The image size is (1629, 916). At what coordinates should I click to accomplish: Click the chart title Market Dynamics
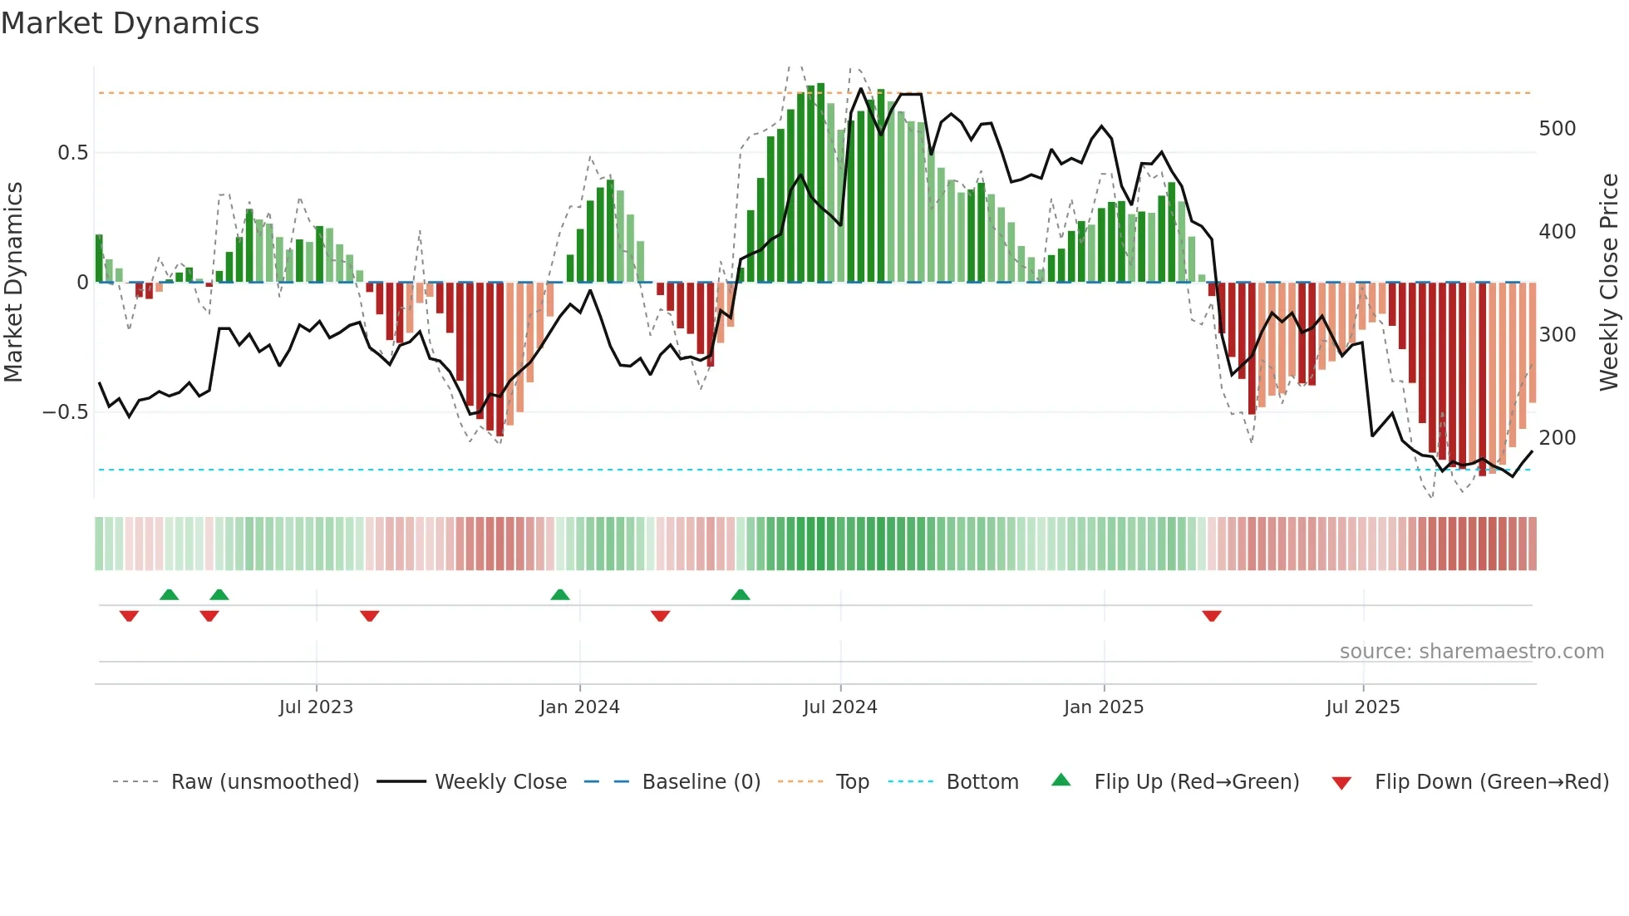click(x=130, y=23)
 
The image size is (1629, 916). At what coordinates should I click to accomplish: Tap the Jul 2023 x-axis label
click(x=316, y=707)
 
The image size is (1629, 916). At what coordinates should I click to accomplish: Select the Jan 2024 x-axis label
click(x=579, y=707)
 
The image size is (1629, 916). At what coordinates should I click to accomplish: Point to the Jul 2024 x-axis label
click(x=840, y=707)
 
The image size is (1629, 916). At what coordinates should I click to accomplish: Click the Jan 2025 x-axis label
click(x=1104, y=707)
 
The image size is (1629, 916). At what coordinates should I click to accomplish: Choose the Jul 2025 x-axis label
click(x=1363, y=707)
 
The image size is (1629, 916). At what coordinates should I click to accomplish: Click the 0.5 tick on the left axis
click(x=72, y=153)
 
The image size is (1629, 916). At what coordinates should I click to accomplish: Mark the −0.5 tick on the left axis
click(x=66, y=412)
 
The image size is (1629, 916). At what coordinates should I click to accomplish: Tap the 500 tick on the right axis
click(x=1558, y=129)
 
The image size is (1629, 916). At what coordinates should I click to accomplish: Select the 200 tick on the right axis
click(x=1558, y=438)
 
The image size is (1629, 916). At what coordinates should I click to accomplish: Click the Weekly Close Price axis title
click(x=1609, y=283)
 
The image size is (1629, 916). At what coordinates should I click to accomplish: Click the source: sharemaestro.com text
click(x=1471, y=652)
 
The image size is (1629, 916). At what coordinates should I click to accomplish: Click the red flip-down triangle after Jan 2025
click(x=1212, y=616)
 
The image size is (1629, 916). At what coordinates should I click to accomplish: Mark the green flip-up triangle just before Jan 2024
click(x=560, y=594)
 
